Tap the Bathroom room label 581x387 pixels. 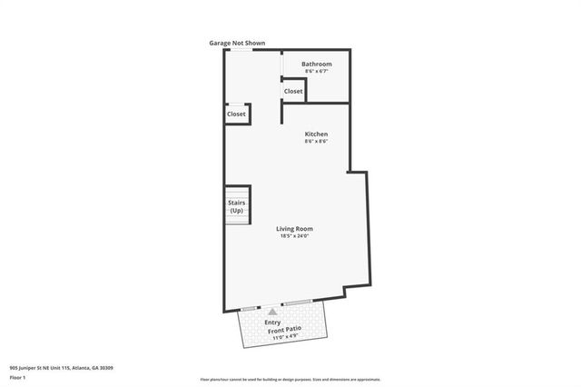pos(317,64)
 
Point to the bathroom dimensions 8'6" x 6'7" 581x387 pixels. pos(317,72)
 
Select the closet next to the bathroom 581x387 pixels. pos(293,91)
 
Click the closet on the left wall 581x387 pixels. pos(236,114)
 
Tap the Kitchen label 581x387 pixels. pos(316,134)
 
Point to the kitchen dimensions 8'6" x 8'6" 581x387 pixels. pos(316,142)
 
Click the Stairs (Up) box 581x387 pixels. pos(236,206)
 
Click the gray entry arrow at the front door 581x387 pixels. pos(271,312)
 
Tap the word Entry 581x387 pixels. pos(272,322)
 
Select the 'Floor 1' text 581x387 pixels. pos(18,377)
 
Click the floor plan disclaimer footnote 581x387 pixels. pos(290,380)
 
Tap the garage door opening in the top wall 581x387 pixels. pos(241,49)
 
